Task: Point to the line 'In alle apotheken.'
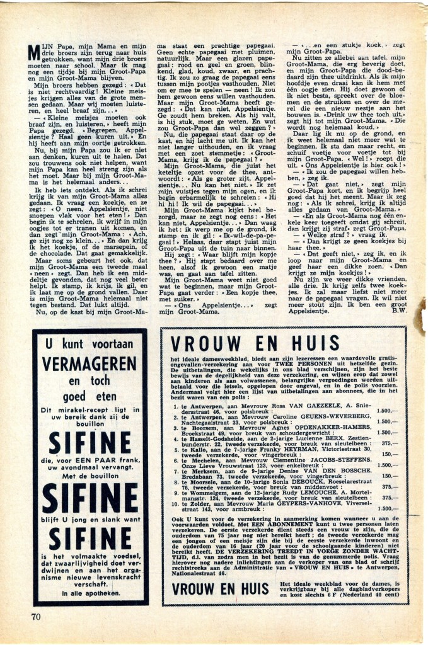90,593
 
